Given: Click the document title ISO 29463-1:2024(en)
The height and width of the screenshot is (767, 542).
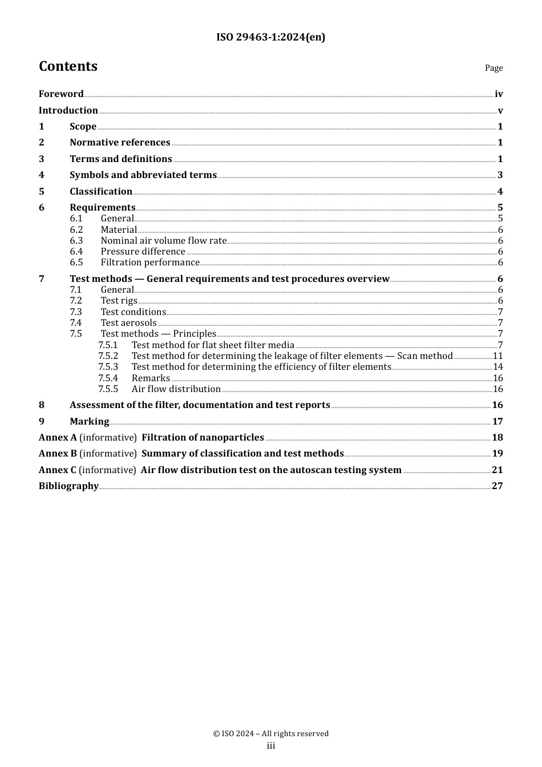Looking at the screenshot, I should point(270,37).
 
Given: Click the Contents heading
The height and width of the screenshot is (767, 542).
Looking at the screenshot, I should point(68,66).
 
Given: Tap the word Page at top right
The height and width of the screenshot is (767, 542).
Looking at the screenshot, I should point(494,68).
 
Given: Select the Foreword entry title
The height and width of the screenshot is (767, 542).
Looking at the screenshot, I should point(61,94).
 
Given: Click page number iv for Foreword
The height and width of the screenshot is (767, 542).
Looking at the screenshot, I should point(499,94).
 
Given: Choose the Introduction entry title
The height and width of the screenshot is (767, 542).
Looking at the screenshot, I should point(68,110).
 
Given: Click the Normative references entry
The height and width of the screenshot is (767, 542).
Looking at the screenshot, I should point(120,143).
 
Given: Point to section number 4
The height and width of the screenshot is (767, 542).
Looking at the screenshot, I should point(42,175).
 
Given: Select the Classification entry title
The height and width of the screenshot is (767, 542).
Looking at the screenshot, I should point(101,192).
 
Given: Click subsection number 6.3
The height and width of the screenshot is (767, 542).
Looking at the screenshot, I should point(76,241).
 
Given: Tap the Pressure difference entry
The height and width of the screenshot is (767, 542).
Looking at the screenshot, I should point(143,252).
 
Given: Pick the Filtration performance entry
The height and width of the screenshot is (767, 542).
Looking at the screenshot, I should point(150,263).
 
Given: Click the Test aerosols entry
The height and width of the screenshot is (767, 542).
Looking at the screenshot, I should point(128,323).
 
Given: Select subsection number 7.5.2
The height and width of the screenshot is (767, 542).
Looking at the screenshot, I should point(108,356).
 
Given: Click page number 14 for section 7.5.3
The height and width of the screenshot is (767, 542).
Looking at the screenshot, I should point(498,367).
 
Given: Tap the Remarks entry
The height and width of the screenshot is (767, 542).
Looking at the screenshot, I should point(151,378).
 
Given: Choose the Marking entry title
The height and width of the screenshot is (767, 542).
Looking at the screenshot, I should point(89,422).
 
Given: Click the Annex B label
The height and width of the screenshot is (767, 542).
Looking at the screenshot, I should point(58,454).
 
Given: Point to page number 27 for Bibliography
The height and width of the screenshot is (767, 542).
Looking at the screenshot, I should point(497,486).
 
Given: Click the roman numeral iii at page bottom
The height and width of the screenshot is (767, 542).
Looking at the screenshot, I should point(271,746).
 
